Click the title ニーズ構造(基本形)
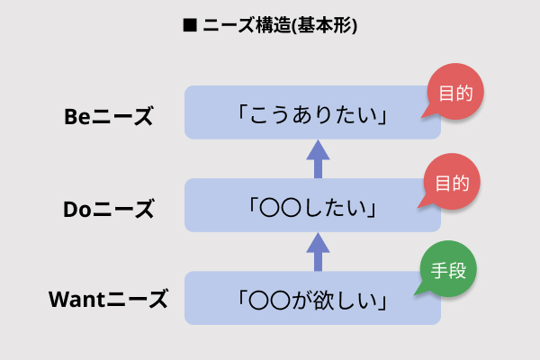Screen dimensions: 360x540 tap(278, 25)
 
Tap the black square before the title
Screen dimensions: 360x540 tap(189, 25)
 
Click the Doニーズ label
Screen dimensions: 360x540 tap(109, 209)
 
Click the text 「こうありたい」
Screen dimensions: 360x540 tap(313, 116)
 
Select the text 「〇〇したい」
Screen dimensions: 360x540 tap(313, 209)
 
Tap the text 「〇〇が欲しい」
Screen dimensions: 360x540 tap(313, 300)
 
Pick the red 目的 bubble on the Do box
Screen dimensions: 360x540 tap(453, 184)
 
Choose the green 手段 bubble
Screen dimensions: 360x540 tap(447, 270)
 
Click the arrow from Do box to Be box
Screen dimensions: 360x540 tap(316, 159)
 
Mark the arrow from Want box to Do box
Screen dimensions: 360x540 tap(316, 251)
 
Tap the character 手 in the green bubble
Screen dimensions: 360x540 tap(438, 270)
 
